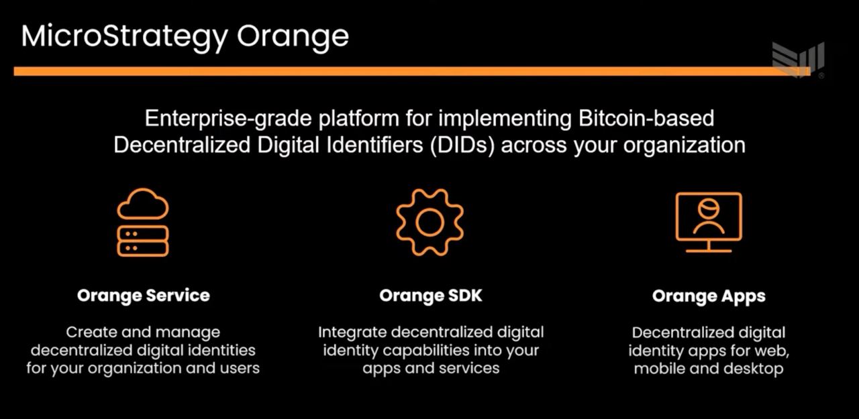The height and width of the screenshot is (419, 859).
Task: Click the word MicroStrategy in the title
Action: pyautogui.click(x=125, y=37)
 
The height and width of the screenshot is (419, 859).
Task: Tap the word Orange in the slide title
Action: pyautogui.click(x=293, y=37)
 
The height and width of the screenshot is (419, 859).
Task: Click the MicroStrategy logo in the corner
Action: pyautogui.click(x=798, y=60)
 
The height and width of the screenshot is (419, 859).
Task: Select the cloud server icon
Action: pyautogui.click(x=143, y=222)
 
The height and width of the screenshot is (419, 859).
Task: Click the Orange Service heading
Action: pyautogui.click(x=144, y=295)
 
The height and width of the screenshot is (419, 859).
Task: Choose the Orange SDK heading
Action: pyautogui.click(x=431, y=295)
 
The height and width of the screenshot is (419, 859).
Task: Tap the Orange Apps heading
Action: pyautogui.click(x=709, y=296)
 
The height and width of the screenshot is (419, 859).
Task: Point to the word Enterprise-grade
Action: pyautogui.click(x=228, y=119)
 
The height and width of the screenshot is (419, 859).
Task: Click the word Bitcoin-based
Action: pyautogui.click(x=646, y=118)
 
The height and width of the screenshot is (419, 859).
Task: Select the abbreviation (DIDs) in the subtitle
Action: pyautogui.click(x=462, y=145)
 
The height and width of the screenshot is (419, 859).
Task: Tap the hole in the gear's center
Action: pyautogui.click(x=430, y=223)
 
